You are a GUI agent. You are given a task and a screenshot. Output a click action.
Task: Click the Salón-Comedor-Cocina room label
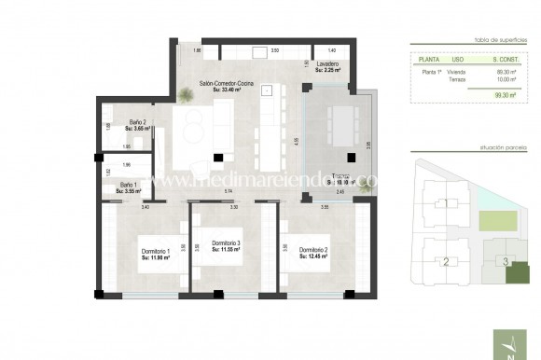pyautogui.click(x=227, y=84)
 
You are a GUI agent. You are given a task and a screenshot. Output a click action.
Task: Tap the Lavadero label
pyautogui.click(x=326, y=64)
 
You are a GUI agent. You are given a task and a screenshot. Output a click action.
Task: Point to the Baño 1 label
pyautogui.click(x=130, y=185)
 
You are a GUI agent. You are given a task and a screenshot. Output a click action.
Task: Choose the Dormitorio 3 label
pyautogui.click(x=227, y=243)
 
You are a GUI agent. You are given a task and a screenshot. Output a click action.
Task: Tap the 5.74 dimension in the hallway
pyautogui.click(x=229, y=190)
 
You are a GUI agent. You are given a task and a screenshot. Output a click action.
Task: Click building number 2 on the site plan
pyautogui.click(x=447, y=262)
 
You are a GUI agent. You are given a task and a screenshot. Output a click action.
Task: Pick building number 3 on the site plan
pyautogui.click(x=506, y=261)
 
